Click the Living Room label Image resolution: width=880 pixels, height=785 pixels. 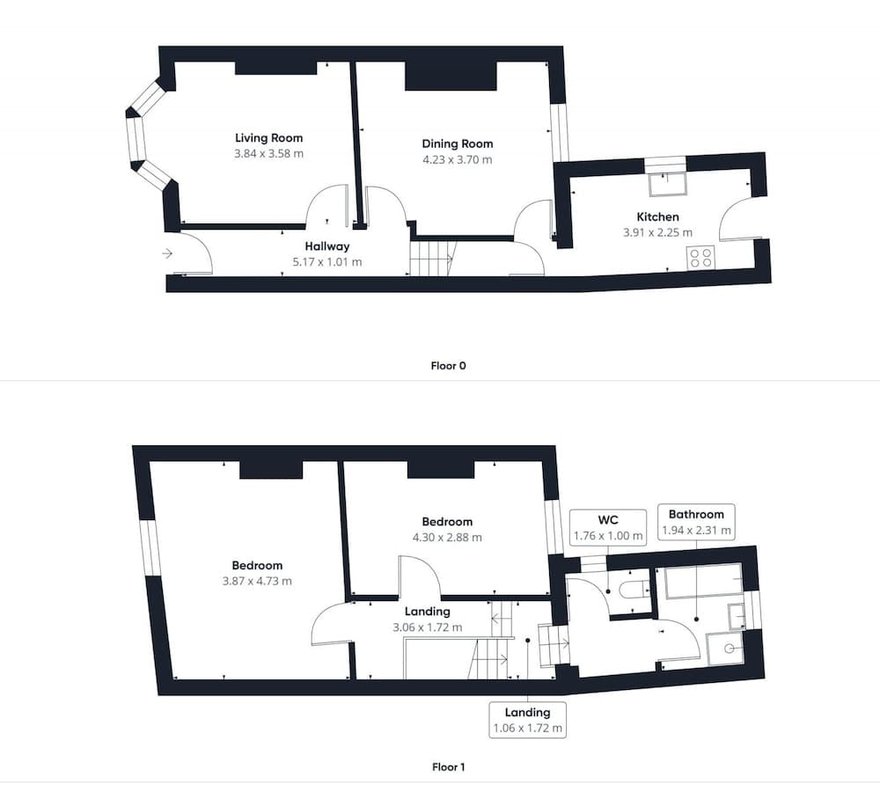(x=268, y=137)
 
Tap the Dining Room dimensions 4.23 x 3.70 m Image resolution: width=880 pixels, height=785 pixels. (x=457, y=160)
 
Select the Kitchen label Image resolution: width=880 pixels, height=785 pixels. (x=657, y=216)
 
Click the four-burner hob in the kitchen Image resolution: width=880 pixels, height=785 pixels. (x=701, y=257)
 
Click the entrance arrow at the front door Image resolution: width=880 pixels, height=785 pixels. (x=167, y=254)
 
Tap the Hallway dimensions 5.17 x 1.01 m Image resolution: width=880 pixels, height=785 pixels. (x=327, y=262)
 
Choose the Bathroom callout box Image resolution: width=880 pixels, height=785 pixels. (x=696, y=522)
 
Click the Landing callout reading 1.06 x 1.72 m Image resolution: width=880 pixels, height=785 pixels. (x=527, y=719)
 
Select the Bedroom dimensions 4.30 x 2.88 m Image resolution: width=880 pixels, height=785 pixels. (x=447, y=537)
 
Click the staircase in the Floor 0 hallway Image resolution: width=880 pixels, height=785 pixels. (x=430, y=259)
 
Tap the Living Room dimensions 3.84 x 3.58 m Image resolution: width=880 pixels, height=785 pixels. (x=268, y=153)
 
